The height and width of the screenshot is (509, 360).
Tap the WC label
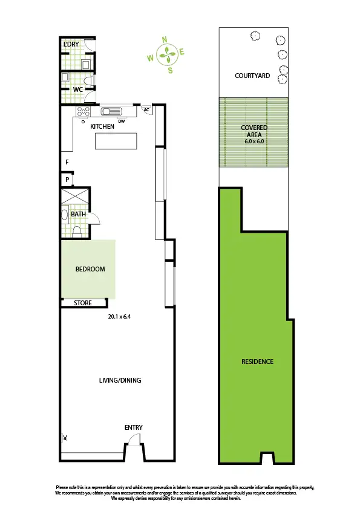pos(77,89)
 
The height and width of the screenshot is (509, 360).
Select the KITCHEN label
pos(102,126)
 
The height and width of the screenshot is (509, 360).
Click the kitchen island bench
pos(116,141)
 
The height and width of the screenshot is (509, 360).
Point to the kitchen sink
pos(112,111)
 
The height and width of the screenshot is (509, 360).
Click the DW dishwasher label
pos(122,121)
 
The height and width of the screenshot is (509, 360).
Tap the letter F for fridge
pos(67,162)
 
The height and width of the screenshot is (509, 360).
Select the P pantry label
pos(67,180)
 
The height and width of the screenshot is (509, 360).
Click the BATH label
pos(79,214)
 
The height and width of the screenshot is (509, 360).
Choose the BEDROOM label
pos(90,269)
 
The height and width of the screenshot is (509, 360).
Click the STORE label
pos(83,303)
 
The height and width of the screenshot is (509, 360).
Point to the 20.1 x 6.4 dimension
pos(119,316)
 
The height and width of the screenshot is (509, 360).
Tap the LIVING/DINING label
pos(120,380)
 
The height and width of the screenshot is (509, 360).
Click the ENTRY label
pos(134,427)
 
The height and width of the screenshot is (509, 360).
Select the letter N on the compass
pos(165,39)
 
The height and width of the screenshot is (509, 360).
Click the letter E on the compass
pos(182,52)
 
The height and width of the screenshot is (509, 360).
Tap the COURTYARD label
pos(252,76)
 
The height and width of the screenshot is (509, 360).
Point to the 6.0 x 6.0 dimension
pos(254,141)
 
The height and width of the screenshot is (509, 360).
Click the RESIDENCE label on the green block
pos(257,361)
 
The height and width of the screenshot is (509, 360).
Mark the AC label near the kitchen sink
pos(146,111)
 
